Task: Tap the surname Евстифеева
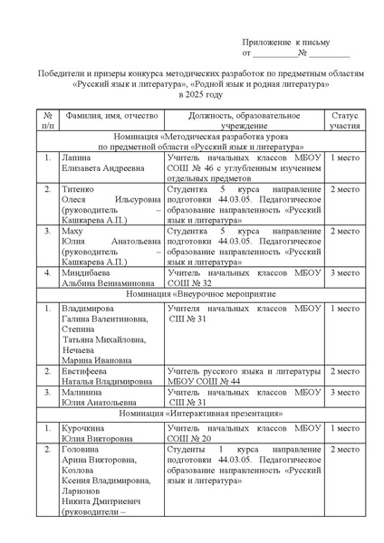87,371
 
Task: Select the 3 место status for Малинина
344,392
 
